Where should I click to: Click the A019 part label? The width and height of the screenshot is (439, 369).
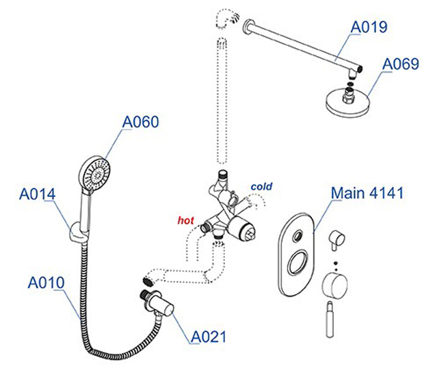368,27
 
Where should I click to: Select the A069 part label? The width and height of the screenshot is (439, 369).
401,64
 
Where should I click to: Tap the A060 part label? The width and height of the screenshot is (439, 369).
140,122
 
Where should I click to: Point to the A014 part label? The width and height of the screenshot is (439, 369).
37,194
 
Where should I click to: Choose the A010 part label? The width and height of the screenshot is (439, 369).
46,282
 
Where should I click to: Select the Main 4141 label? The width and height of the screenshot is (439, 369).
367,192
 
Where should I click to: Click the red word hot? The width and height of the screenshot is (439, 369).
186,220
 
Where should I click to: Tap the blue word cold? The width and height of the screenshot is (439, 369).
261,187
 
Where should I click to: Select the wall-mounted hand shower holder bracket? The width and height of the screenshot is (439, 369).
76,234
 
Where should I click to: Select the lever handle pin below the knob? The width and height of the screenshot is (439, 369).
330,318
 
